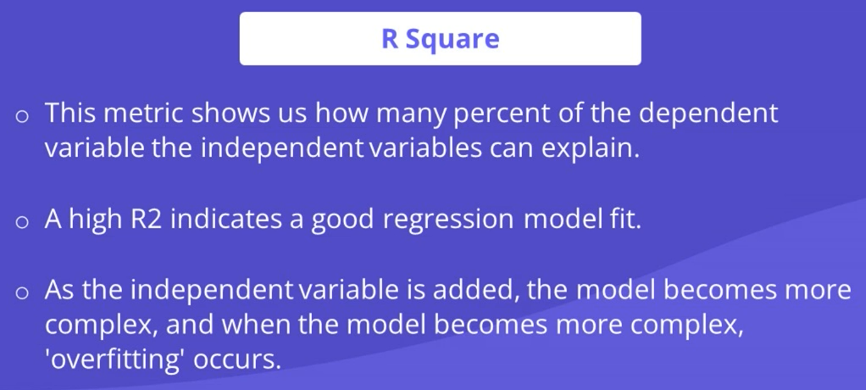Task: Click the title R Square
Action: point(440,39)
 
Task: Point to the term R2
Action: point(147,220)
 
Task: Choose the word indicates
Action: point(229,219)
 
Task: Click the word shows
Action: point(230,113)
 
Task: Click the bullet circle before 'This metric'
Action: point(21,116)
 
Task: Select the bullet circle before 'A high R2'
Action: point(21,223)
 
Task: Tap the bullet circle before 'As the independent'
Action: point(21,292)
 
